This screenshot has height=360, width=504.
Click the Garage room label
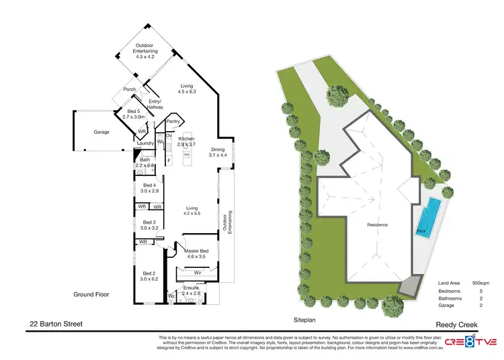[x=83, y=133]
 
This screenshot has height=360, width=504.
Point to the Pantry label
[x=173, y=122]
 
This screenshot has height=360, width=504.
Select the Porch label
[x=130, y=89]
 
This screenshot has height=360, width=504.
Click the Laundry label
[x=145, y=143]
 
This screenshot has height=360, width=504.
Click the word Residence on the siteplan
[x=377, y=224]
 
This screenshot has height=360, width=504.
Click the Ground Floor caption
[x=91, y=294]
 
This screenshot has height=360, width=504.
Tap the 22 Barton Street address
[x=56, y=324]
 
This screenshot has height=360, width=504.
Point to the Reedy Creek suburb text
[x=456, y=324]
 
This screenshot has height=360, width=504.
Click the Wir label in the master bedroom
[x=198, y=273]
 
